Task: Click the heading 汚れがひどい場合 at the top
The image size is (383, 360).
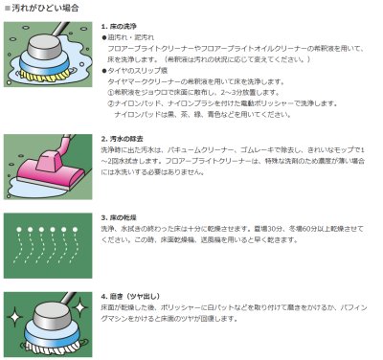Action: point(40,8)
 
